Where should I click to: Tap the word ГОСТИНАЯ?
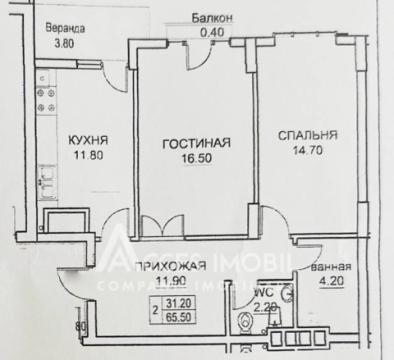click(x=197, y=143)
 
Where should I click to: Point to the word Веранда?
click(x=68, y=28)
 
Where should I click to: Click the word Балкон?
click(x=211, y=18)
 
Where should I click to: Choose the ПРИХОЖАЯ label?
click(x=176, y=265)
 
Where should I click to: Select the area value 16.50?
click(x=197, y=157)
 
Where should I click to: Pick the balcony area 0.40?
click(x=211, y=31)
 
